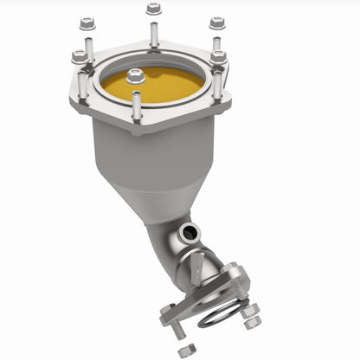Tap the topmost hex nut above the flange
point(153,9)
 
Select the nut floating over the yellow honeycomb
point(134,76)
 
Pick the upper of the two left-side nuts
point(86,23)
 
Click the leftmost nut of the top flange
point(80,57)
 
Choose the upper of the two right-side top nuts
point(215,23)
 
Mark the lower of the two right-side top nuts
point(218,57)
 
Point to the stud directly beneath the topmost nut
point(153,35)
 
